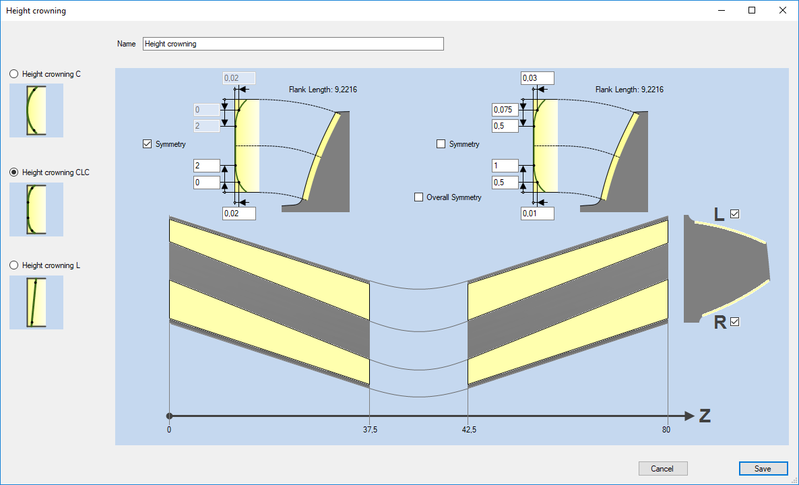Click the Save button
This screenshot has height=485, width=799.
pos(763,469)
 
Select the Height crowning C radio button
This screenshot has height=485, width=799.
pos(13,74)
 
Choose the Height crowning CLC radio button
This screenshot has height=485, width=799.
pos(13,172)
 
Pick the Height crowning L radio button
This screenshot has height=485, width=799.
pos(13,265)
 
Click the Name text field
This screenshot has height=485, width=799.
pos(293,44)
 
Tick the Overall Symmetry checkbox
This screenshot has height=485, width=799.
pos(419,197)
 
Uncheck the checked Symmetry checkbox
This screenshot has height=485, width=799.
pos(148,144)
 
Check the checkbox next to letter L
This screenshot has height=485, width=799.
pos(734,214)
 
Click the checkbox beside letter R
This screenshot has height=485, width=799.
pos(734,321)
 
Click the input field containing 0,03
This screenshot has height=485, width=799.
pos(538,78)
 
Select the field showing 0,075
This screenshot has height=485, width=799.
pos(505,110)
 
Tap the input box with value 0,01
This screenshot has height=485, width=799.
pos(538,214)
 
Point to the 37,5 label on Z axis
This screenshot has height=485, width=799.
pos(371,430)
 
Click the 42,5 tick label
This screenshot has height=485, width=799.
pos(469,430)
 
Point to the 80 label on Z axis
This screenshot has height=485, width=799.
pos(666,430)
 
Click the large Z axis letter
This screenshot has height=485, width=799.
pos(705,416)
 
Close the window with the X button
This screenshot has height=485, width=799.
pos(783,10)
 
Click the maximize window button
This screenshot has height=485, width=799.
pos(752,10)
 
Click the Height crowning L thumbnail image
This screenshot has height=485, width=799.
pos(36,302)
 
